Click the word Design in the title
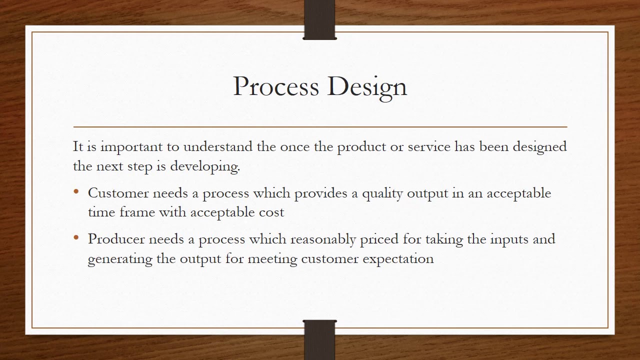tap(367, 87)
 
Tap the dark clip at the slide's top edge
tap(319, 20)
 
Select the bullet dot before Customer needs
tap(76, 192)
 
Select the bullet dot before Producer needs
tap(76, 238)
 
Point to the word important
tap(131, 147)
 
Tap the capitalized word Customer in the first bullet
tap(118, 193)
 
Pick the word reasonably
tap(323, 239)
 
